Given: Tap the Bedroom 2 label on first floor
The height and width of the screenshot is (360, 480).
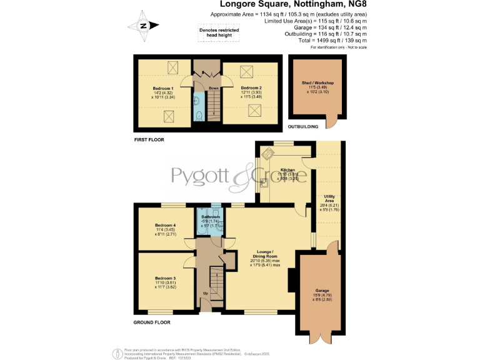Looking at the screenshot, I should point(250,87).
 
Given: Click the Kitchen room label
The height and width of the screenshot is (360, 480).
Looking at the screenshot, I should point(287,170).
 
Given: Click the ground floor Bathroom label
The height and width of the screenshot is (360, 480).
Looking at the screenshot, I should point(211,217).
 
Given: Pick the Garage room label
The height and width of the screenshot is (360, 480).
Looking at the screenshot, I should point(322,291).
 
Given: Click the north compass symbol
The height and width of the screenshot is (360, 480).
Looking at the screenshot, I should point(142,26).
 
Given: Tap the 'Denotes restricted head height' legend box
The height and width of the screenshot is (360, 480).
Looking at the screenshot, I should point(216,32).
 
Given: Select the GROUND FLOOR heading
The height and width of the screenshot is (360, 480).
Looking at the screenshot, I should point(152,322).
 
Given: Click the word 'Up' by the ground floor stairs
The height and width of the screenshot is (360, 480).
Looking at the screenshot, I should point(206,292).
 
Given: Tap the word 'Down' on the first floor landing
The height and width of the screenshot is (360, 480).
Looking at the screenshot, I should point(214,88).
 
